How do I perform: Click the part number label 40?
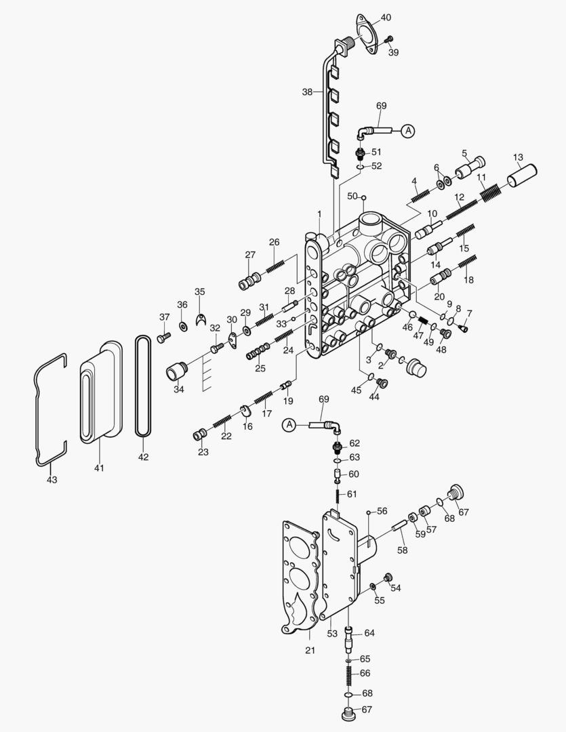386,17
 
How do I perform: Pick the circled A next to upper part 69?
407,131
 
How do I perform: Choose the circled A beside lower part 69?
289,425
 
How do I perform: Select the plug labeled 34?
178,373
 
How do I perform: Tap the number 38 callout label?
308,91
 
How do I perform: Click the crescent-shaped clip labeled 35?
200,319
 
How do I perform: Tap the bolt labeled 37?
161,337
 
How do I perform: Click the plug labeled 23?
199,434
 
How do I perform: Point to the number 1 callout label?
319,213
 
